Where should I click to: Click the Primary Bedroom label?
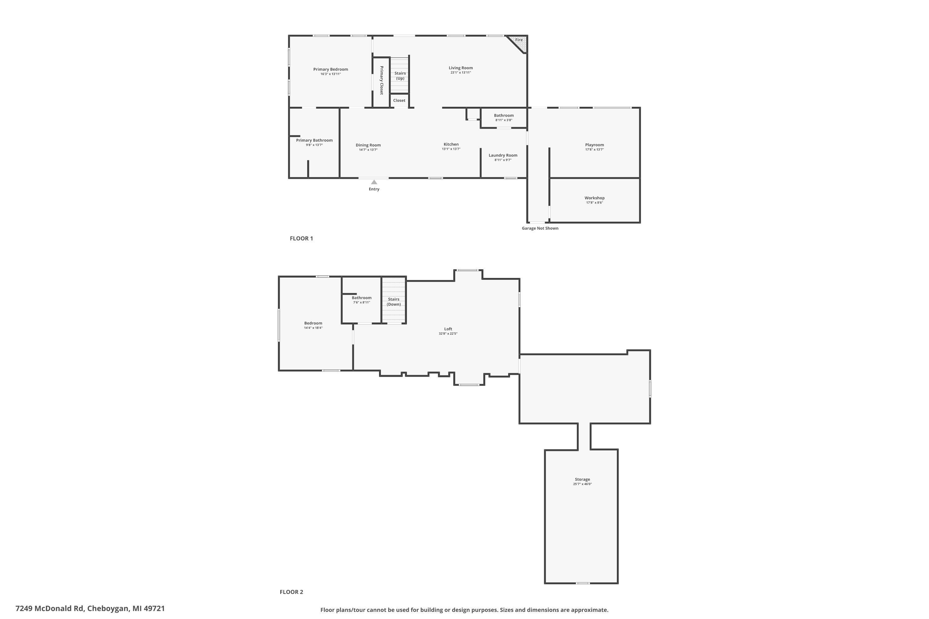pos(331,69)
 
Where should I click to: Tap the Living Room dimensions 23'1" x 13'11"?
pos(460,73)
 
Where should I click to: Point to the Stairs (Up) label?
pos(400,76)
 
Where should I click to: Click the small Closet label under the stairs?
pos(399,101)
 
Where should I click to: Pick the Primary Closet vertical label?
pos(382,80)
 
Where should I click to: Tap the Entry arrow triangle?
pos(374,182)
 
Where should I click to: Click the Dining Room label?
pos(368,145)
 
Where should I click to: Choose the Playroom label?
pos(595,145)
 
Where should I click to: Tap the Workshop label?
pos(595,198)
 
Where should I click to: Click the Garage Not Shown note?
pos(540,228)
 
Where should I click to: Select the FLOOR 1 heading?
pos(301,238)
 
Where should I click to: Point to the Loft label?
pos(448,329)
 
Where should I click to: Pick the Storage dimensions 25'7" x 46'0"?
pos(582,484)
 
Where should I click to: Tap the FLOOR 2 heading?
pos(291,592)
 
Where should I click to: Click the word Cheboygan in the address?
pos(108,608)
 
